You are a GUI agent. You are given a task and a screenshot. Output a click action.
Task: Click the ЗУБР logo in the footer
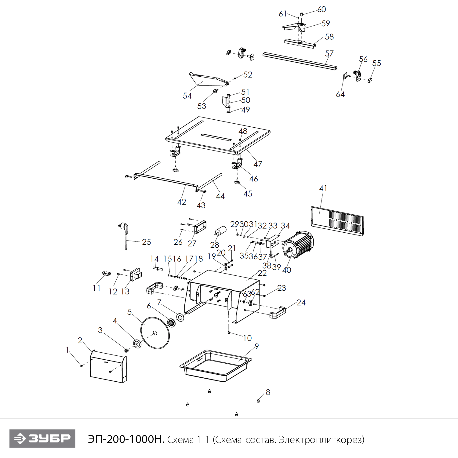42,438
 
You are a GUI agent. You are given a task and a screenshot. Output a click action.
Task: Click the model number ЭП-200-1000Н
126,439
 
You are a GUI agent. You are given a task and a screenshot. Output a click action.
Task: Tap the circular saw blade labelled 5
155,333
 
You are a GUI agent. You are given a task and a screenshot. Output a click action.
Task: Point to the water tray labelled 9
216,365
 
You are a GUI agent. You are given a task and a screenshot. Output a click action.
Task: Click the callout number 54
187,96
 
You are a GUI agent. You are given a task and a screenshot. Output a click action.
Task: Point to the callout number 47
258,164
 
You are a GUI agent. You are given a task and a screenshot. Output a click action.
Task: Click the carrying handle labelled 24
278,313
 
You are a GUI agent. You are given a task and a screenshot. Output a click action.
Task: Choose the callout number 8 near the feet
268,392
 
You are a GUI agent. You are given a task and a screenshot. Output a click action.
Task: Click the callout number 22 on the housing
262,273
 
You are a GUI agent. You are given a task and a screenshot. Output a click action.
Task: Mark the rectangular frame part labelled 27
200,227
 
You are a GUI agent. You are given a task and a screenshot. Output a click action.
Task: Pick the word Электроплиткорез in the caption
321,440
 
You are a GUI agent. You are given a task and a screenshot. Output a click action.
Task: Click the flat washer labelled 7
180,317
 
